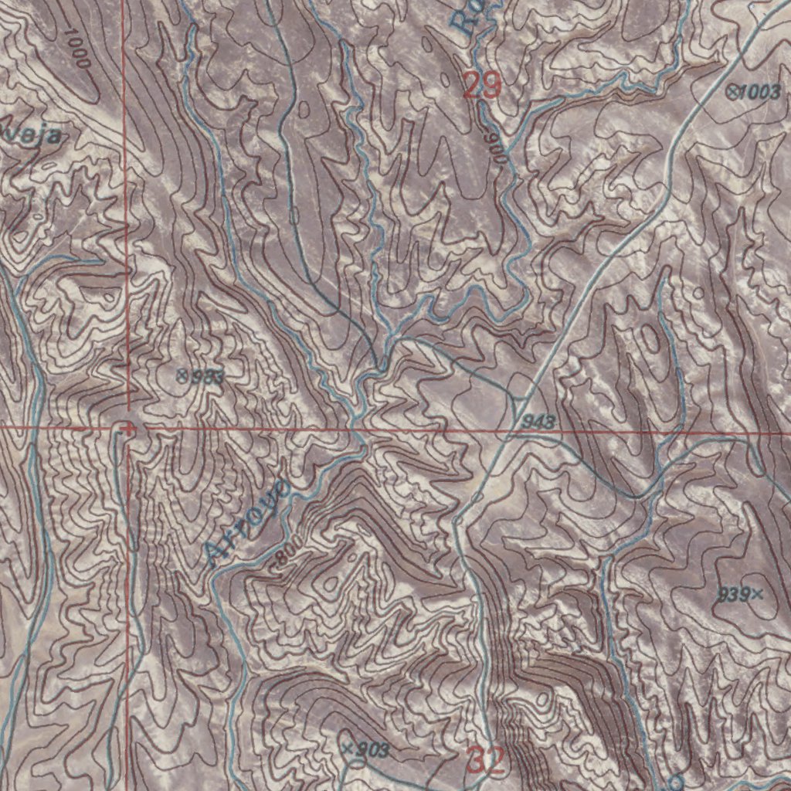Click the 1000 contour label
pos(78,48)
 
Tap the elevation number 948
pos(538,421)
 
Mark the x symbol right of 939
pos(756,594)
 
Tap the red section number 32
pos(487,762)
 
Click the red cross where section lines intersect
pos(127,426)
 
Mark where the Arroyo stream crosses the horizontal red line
pos(355,427)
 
